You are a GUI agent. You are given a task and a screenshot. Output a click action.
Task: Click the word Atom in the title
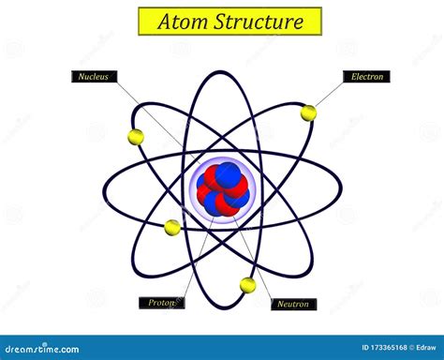[182, 21]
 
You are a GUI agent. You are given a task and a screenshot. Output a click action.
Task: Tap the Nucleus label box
[94, 77]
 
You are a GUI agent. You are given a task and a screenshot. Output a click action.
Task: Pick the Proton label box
[162, 303]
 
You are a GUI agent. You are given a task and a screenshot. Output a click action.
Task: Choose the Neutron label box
[293, 304]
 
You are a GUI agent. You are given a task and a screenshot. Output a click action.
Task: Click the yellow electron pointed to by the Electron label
[308, 113]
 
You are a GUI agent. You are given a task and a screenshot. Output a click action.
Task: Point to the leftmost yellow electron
[136, 137]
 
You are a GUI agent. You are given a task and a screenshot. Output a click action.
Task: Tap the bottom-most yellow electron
[247, 284]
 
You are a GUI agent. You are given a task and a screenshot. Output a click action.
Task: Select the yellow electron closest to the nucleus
[172, 227]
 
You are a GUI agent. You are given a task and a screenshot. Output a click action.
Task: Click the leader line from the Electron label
[330, 95]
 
